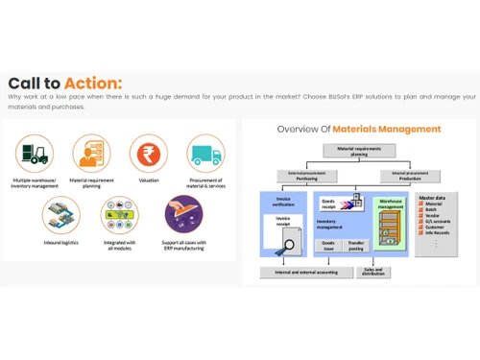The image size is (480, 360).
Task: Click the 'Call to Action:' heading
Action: [65, 83]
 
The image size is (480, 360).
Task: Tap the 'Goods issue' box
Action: [327, 246]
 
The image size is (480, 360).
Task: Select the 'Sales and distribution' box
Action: [375, 272]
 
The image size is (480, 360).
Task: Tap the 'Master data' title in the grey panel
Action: [437, 198]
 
